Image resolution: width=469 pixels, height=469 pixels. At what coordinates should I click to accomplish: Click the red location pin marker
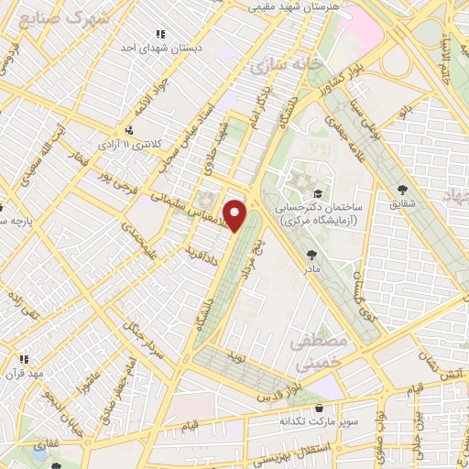pyautogui.click(x=236, y=214)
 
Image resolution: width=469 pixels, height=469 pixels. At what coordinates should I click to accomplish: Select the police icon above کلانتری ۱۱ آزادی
pyautogui.click(x=129, y=129)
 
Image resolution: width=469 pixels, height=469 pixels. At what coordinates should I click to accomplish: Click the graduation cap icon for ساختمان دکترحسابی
pyautogui.click(x=317, y=193)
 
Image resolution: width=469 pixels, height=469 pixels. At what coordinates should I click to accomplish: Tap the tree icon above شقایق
pyautogui.click(x=401, y=191)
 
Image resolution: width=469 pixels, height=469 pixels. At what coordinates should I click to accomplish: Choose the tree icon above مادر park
pyautogui.click(x=312, y=255)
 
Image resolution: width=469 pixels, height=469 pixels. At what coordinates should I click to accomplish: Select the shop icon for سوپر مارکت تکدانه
pyautogui.click(x=318, y=408)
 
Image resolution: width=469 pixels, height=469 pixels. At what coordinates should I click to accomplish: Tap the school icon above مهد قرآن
pyautogui.click(x=25, y=359)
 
